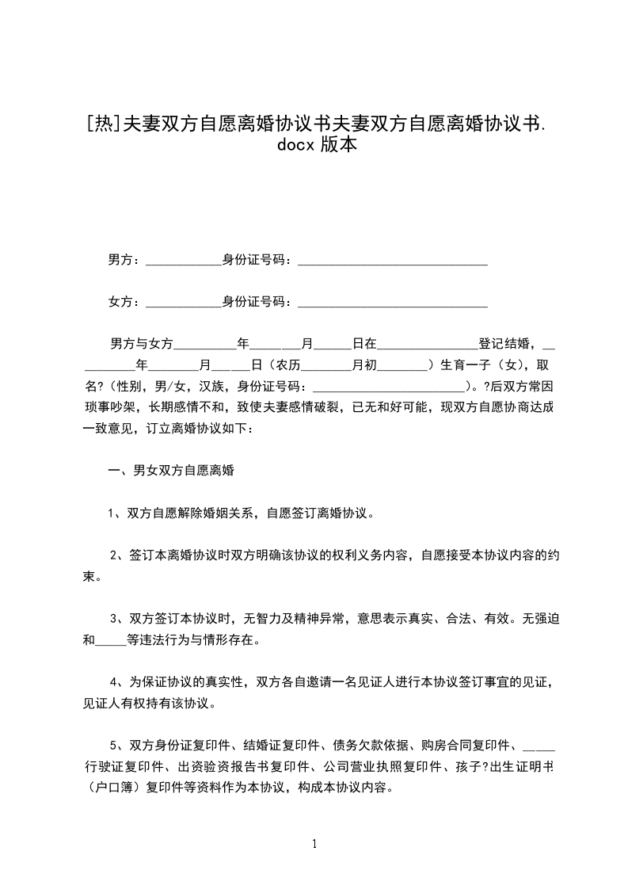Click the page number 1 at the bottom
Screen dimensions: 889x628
pyautogui.click(x=314, y=844)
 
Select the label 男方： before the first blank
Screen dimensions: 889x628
pyautogui.click(x=124, y=259)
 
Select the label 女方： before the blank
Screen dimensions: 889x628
pyautogui.click(x=124, y=301)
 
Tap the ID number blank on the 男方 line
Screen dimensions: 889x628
pyautogui.click(x=391, y=261)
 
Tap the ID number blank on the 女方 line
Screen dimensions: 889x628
pyautogui.click(x=391, y=303)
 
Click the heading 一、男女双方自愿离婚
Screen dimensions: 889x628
pyautogui.click(x=171, y=471)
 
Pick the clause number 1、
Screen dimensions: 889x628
pyautogui.click(x=116, y=513)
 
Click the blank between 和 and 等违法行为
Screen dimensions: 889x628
pyautogui.click(x=111, y=642)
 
